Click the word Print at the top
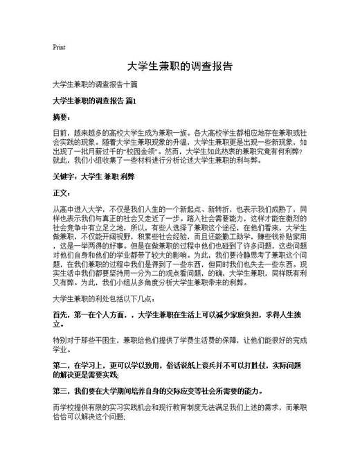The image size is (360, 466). [59, 48]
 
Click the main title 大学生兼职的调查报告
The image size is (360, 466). [179, 68]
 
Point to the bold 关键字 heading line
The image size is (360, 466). [93, 177]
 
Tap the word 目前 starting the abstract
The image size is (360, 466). [60, 132]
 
